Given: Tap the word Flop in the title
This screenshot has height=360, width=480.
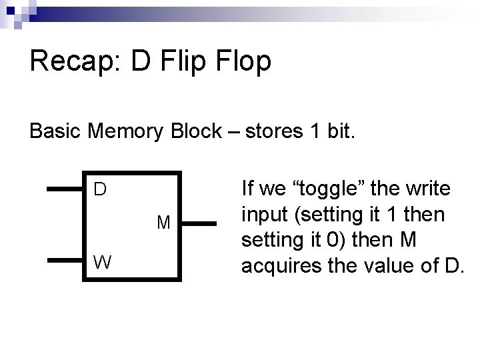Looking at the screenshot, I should point(243,62).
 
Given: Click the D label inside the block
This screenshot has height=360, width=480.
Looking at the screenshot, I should point(100,190).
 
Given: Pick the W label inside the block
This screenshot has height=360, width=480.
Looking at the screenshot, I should point(102,262).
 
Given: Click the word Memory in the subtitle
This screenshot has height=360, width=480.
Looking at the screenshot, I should point(126,131).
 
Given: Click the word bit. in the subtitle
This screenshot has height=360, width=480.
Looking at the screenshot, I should point(340,131).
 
